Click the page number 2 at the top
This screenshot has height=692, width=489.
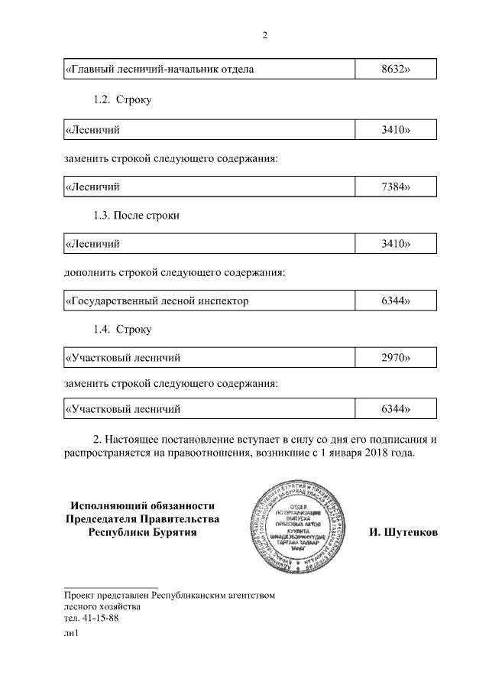pos(264,35)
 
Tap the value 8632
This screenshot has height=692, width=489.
pos(396,70)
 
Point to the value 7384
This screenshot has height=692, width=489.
pos(396,187)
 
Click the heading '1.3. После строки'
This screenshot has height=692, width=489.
pos(136,216)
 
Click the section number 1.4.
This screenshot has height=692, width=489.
pos(102,330)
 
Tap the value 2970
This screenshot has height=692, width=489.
pos(396,357)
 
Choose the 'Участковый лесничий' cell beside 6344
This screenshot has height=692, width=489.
pos(123,409)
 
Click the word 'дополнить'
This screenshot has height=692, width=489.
pos(89,271)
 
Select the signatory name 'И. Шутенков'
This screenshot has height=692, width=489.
pos(403,532)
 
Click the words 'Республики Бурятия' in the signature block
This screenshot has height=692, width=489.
pos(142,532)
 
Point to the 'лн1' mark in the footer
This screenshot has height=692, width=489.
pos(72,633)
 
